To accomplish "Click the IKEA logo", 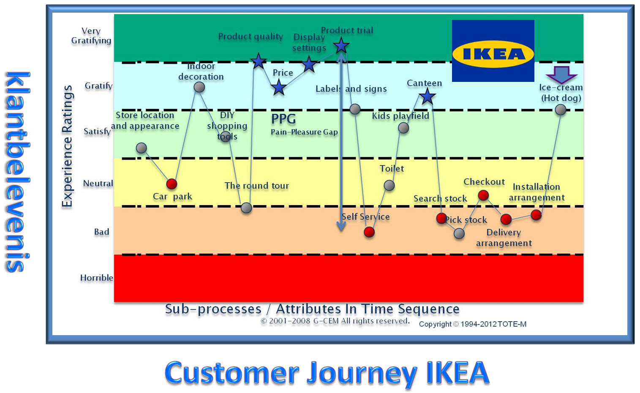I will tap(493, 51).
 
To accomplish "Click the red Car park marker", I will tap(172, 184).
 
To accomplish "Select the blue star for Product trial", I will tap(341, 46).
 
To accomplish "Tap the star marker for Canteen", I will tap(427, 97).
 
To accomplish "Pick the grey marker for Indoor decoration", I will tap(199, 87).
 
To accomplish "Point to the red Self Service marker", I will tap(369, 232).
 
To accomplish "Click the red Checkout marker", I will tap(483, 195).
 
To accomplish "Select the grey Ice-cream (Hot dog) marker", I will tap(561, 110).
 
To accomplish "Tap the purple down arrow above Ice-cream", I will tap(561, 75).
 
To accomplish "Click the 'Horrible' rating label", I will tap(97, 278).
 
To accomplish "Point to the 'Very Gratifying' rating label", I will tap(91, 36).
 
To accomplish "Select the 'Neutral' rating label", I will tap(98, 184).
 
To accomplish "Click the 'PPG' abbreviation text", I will tap(283, 119).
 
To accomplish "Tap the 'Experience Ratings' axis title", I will tap(67, 146).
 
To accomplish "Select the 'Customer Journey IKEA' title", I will tap(327, 373).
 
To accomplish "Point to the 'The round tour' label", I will tap(257, 186).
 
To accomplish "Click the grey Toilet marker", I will tap(389, 185).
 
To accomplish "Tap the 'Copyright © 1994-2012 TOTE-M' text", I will tap(472, 324).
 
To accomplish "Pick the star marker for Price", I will tap(279, 88).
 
